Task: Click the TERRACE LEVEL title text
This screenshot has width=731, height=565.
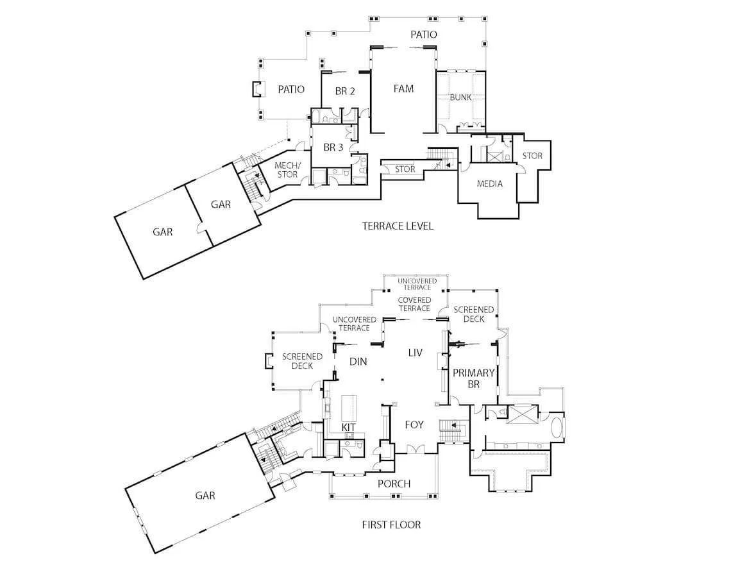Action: (x=398, y=226)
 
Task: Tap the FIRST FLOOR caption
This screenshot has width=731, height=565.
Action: (x=391, y=525)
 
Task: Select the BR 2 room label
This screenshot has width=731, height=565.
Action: (x=345, y=91)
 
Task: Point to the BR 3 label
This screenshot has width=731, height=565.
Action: (x=333, y=148)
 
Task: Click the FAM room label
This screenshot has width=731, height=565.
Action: (x=403, y=89)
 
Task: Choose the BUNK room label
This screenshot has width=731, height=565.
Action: (x=460, y=97)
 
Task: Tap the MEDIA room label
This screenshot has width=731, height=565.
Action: (x=489, y=183)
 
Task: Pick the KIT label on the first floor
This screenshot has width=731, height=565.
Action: (x=348, y=428)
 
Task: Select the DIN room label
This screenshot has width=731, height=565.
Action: (x=358, y=361)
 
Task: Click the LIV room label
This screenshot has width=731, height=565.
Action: (x=415, y=353)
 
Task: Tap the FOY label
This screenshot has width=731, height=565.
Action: (x=414, y=425)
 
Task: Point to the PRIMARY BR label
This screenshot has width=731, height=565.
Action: (x=473, y=378)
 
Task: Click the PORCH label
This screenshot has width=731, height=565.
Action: (x=394, y=484)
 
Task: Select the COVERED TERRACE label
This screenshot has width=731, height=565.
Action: (x=414, y=304)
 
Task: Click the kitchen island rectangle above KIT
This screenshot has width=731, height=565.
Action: (x=349, y=409)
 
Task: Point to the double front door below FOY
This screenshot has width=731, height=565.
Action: (x=414, y=449)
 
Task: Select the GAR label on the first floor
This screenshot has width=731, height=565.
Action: (x=205, y=495)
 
